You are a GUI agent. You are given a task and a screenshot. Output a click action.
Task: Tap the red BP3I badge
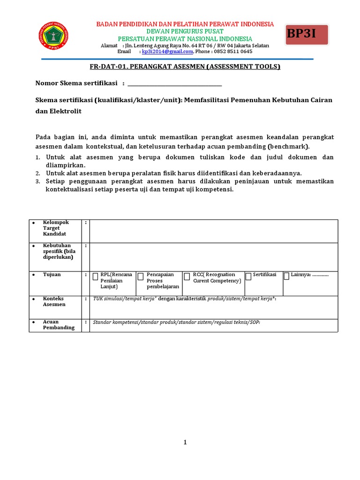coord(307,35)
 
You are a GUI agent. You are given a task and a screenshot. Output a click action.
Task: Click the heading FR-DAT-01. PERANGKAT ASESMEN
coord(185,67)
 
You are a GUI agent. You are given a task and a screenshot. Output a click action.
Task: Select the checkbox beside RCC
coord(187,276)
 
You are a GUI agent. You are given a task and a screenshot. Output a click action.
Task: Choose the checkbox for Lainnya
coord(286,276)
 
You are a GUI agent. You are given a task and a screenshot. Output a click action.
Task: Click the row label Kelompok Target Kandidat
coord(55,228)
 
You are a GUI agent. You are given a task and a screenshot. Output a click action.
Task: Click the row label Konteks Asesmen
coord(54,301)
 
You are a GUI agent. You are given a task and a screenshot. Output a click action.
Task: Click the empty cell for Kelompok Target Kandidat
coord(213,231)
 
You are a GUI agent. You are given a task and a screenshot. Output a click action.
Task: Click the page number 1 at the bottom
coord(185,442)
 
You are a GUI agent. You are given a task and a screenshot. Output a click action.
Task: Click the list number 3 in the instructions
coord(38,181)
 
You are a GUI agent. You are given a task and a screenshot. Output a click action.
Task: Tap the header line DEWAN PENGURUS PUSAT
coord(185,31)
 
